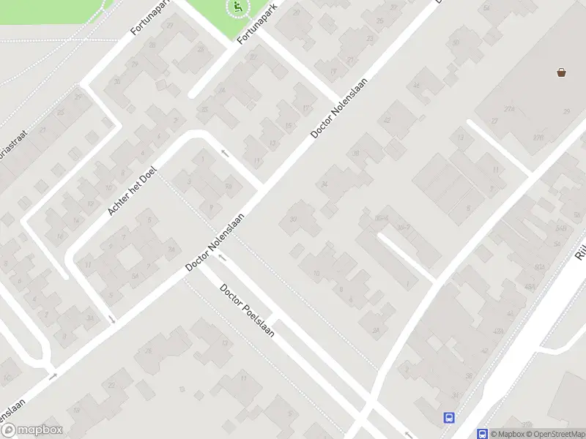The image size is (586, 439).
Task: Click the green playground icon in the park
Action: (x=236, y=8)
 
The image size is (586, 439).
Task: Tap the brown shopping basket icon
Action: (x=562, y=72)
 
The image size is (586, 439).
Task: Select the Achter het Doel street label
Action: (x=133, y=189)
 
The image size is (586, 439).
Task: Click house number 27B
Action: (x=538, y=137)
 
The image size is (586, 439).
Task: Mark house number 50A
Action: (x=539, y=266)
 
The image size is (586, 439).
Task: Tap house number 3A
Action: (x=89, y=318)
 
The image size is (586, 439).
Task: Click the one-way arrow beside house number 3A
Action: (x=111, y=318)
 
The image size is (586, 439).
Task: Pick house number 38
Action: (x=356, y=153)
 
